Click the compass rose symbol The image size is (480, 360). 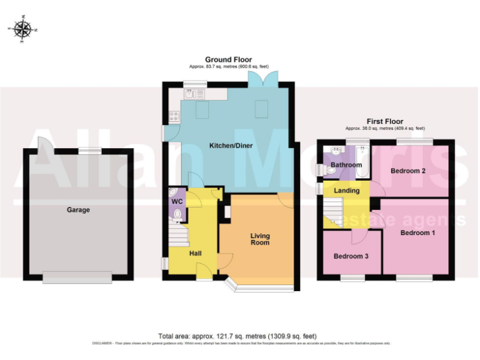coord(22,28)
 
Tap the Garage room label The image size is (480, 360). coord(78,210)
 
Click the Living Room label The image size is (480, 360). coord(260,239)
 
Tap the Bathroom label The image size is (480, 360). coord(346,165)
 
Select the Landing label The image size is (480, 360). coord(347,191)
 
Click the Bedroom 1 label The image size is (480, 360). coord(417,232)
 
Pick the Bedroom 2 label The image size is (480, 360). coord(408,171)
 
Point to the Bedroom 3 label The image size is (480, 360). coord(351,256)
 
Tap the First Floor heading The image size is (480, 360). coord(385,121)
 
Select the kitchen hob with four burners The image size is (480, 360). coord(173,116)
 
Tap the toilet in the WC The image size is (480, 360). coord(177,216)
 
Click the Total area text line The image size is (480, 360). coord(242,336)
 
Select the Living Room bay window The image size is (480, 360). coord(259,287)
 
